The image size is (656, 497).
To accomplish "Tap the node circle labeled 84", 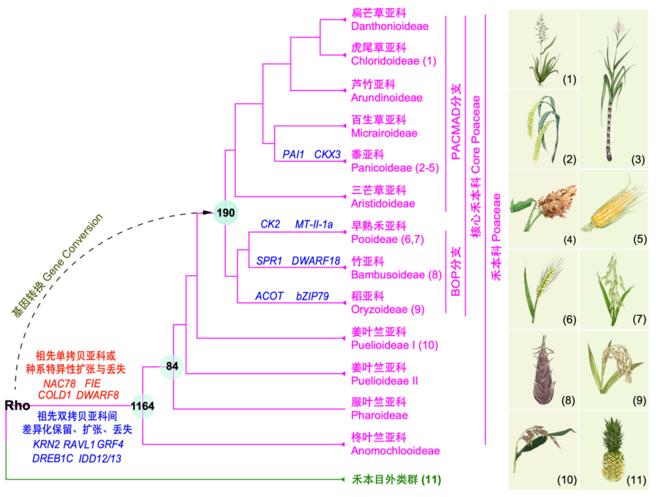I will [172, 366].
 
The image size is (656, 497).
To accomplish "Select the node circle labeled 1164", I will [143, 406].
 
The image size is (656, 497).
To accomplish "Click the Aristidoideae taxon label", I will [383, 204].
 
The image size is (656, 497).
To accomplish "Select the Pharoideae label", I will [379, 416].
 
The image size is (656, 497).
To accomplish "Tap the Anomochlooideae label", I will [395, 451].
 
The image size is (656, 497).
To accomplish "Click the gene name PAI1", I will [293, 154].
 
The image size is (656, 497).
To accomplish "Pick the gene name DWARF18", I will [316, 261].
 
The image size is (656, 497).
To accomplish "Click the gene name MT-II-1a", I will [314, 225].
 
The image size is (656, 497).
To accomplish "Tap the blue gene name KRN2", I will [47, 444].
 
